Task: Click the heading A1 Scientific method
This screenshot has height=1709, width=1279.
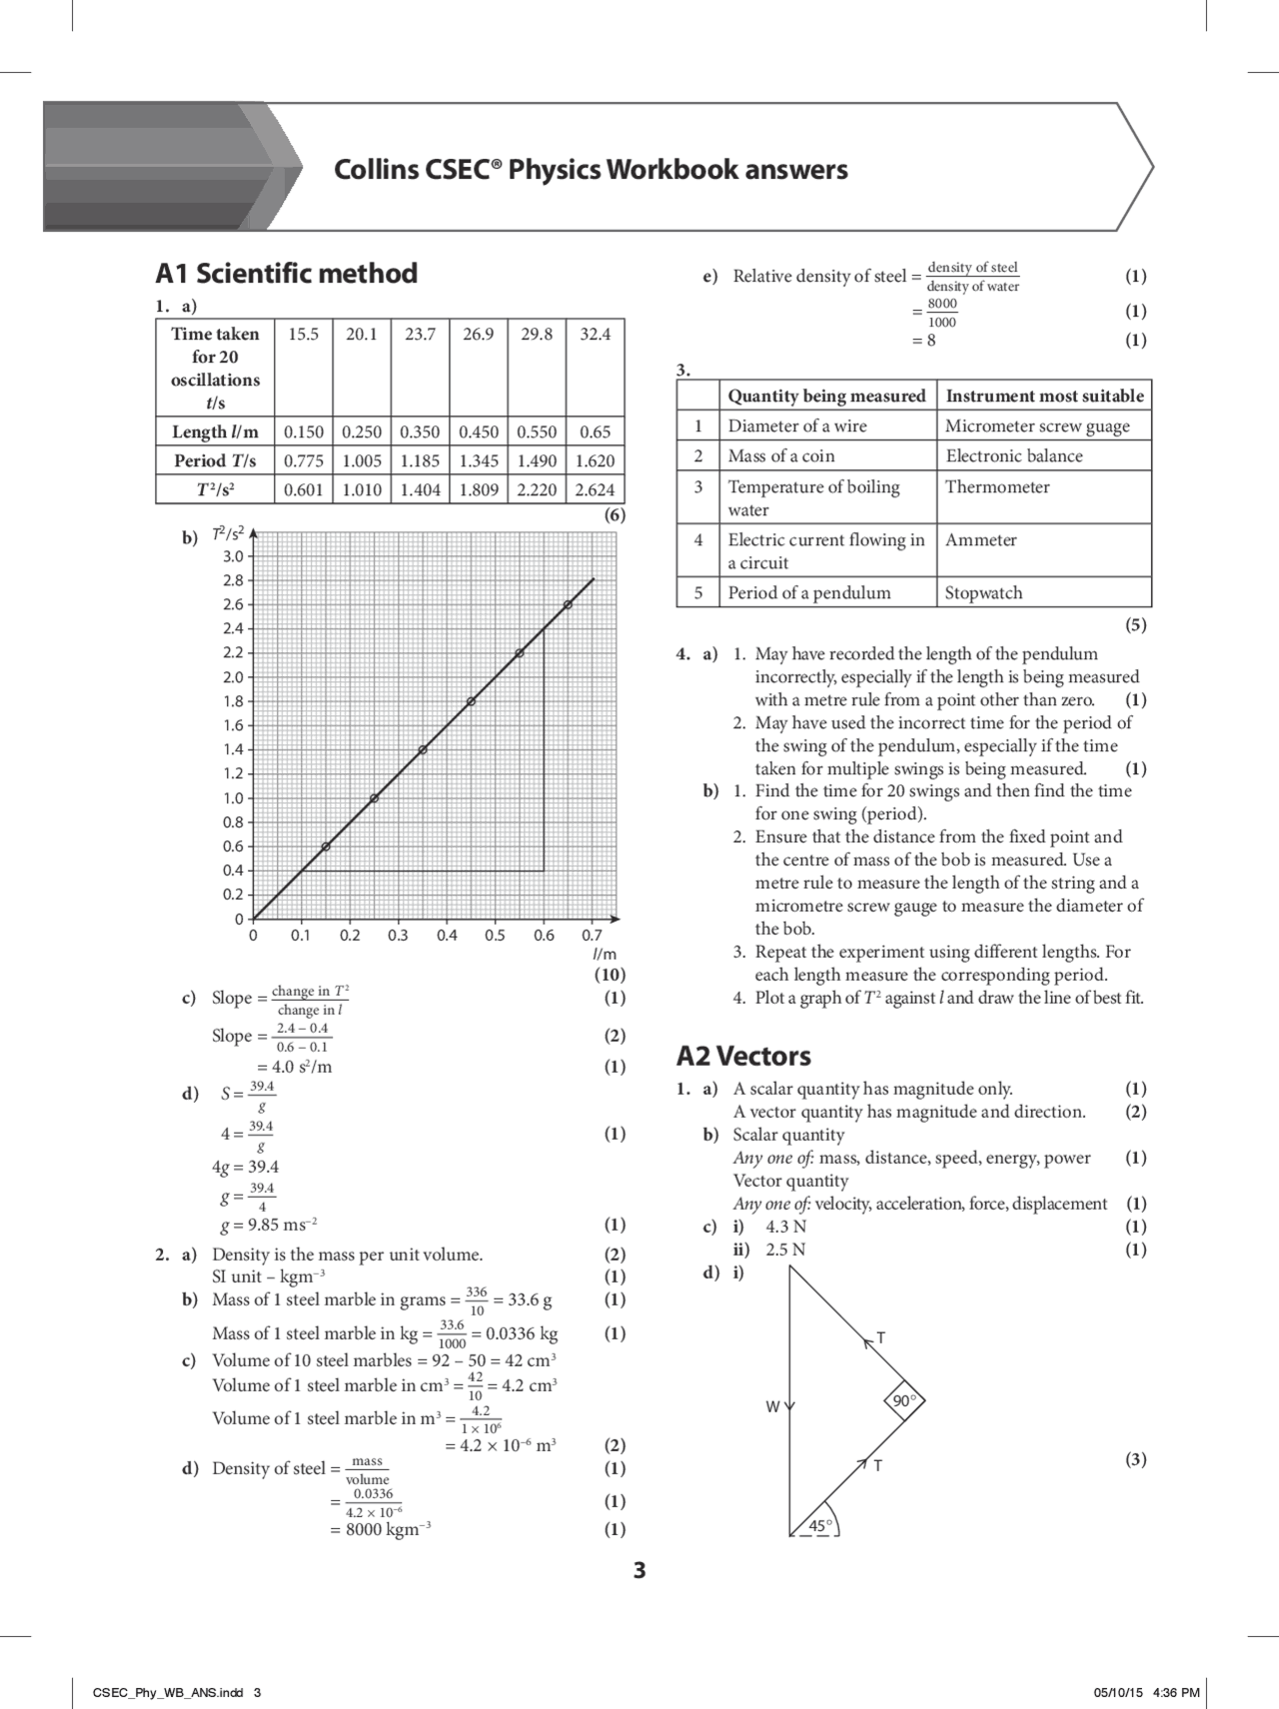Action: coord(287,274)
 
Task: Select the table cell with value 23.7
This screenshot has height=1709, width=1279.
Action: coord(420,335)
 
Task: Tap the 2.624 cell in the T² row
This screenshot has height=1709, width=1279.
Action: coord(595,489)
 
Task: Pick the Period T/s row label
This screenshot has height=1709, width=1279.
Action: coord(215,460)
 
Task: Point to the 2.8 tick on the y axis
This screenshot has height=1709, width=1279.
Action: coord(233,580)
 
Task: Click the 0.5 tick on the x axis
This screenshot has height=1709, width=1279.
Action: coord(495,936)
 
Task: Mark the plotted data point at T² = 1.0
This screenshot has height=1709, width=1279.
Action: coord(374,798)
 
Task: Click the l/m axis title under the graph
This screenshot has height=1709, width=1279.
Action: coord(605,955)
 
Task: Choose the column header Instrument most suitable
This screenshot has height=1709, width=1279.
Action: coord(1044,396)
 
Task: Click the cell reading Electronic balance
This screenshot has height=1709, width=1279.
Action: coord(1013,456)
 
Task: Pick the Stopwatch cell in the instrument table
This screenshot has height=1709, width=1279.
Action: coord(983,592)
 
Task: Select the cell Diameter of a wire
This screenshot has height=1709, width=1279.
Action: coord(796,426)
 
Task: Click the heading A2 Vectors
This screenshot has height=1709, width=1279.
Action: coord(743,1056)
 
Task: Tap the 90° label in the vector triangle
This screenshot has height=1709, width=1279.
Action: coord(903,1401)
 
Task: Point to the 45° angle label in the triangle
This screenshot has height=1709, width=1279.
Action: coord(820,1525)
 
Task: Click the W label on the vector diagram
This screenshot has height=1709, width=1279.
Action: coord(772,1406)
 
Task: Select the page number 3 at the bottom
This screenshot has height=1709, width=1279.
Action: coord(639,1571)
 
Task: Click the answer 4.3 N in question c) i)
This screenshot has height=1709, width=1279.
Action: coord(786,1227)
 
